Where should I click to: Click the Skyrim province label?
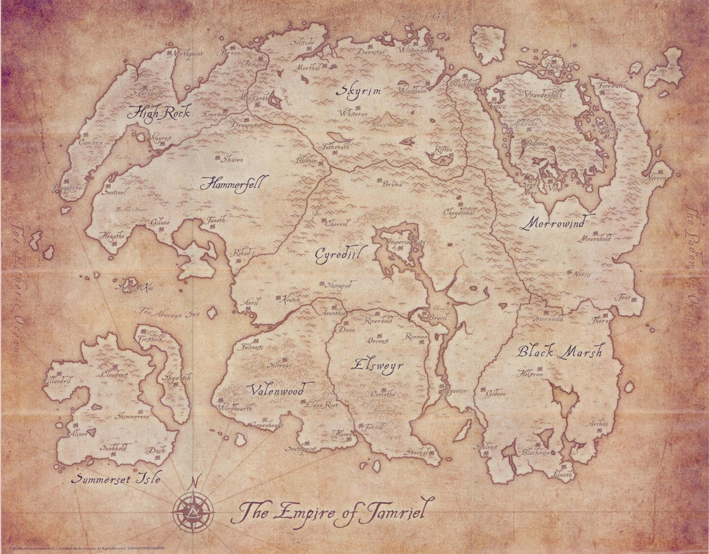[x=359, y=91]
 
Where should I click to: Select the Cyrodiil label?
[x=337, y=253]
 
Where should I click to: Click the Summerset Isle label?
[x=116, y=478]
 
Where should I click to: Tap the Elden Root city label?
[x=321, y=406]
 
